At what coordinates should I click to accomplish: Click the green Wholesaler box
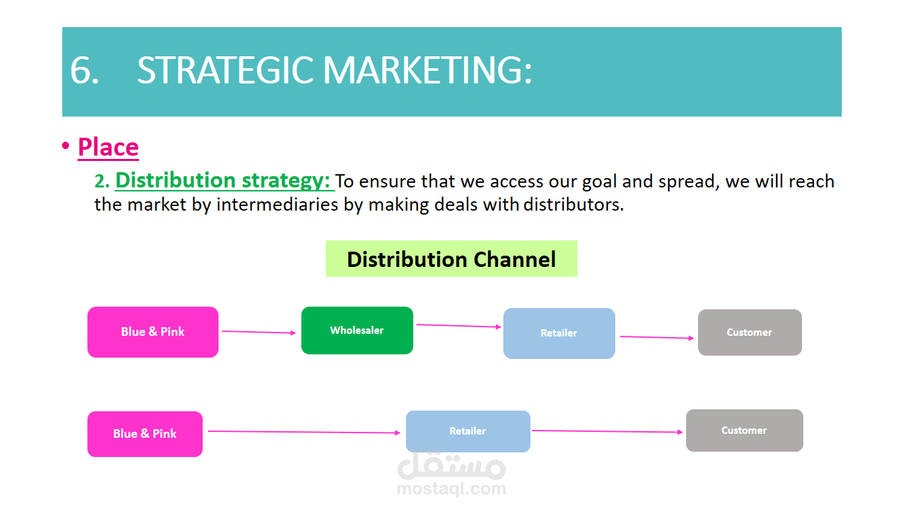click(357, 330)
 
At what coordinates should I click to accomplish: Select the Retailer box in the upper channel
click(560, 333)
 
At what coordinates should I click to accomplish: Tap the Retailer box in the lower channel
click(468, 431)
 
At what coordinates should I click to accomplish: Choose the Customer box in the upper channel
click(750, 332)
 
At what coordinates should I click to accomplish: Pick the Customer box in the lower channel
click(744, 431)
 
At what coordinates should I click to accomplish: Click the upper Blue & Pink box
click(153, 332)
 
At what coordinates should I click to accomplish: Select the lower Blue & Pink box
click(145, 434)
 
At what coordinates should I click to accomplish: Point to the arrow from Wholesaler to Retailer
click(459, 326)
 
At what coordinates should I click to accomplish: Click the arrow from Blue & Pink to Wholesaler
click(259, 332)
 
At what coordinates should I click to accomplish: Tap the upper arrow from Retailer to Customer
click(657, 337)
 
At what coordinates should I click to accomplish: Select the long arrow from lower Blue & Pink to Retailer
click(304, 432)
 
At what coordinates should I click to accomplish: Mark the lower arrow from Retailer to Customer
click(607, 431)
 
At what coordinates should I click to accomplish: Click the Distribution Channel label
click(452, 259)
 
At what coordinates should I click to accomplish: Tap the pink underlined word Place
click(108, 147)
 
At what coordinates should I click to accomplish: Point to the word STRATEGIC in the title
click(225, 70)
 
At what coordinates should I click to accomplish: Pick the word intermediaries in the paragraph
click(277, 205)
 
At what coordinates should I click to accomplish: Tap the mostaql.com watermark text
click(452, 489)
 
